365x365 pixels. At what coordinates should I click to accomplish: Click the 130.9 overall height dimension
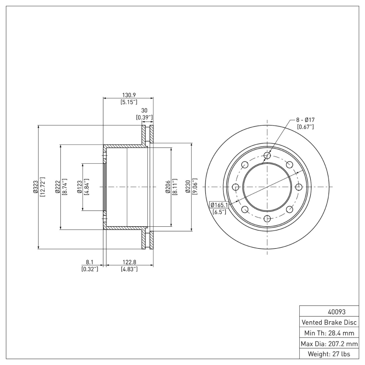[x=129, y=94]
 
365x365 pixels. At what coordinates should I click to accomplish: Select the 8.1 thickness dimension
[x=89, y=262]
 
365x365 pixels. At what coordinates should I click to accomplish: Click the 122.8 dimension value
[x=129, y=262]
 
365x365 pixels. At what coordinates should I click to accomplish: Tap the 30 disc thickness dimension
[x=144, y=110]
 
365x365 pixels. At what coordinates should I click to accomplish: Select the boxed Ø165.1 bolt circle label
[x=219, y=205]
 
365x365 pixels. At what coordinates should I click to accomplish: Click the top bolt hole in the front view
[x=267, y=156]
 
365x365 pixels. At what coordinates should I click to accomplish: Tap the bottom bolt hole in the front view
[x=267, y=218]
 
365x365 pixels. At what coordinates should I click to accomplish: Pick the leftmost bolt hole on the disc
[x=236, y=187]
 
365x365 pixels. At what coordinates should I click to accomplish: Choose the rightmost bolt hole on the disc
[x=298, y=187]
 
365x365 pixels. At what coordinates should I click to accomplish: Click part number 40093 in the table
[x=329, y=312]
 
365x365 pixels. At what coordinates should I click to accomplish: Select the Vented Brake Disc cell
[x=329, y=322]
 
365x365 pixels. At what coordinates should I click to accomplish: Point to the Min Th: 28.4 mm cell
[x=329, y=333]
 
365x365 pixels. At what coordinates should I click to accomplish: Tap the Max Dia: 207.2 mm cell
[x=329, y=343]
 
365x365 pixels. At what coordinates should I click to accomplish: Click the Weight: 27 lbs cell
[x=329, y=354]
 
